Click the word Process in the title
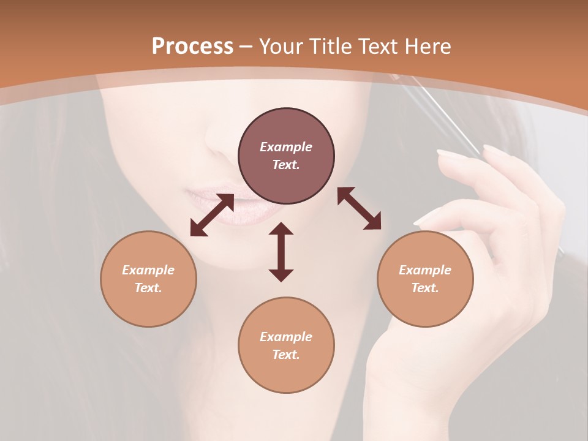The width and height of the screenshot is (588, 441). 192,47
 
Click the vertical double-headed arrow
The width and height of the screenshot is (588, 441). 281,252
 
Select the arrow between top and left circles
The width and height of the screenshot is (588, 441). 212,215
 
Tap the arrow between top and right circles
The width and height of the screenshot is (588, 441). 360,208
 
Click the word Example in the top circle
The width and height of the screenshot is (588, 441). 286,147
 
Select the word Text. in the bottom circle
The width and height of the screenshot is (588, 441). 286,355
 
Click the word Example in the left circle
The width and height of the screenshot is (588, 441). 148,270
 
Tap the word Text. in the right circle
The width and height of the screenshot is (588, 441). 425,288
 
